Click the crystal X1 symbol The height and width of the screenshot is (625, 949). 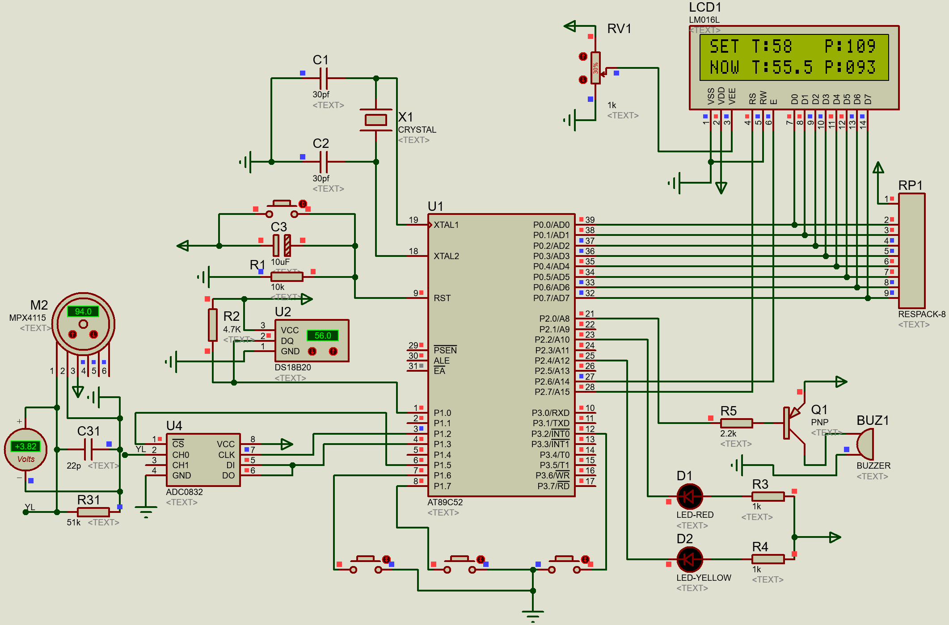(375, 120)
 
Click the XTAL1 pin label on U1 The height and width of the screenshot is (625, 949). (446, 225)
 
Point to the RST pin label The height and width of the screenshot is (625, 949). (442, 298)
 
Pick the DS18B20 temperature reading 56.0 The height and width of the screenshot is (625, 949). (323, 336)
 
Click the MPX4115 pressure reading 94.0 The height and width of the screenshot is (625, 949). (83, 311)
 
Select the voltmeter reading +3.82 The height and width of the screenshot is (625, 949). (26, 446)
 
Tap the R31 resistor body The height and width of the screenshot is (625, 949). (93, 512)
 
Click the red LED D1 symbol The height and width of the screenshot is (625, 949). (690, 496)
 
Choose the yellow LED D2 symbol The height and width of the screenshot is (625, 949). (690, 559)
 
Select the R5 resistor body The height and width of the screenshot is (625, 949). (736, 423)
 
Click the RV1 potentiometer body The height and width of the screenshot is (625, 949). (595, 68)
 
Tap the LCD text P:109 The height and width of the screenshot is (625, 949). (850, 46)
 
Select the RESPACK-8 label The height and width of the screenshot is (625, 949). (921, 314)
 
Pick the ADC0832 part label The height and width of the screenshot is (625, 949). (184, 492)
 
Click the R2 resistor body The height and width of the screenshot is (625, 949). (213, 325)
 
